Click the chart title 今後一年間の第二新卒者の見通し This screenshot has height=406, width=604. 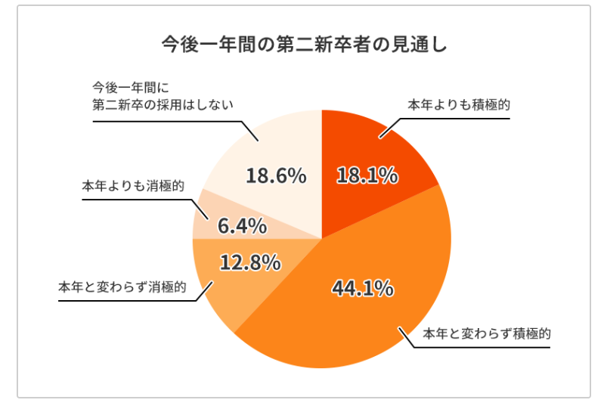304,43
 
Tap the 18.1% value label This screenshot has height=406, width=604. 367,176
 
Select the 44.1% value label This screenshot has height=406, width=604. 362,288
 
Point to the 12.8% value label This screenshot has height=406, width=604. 250,262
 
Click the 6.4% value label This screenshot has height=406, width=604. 242,225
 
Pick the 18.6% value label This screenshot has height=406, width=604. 276,176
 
